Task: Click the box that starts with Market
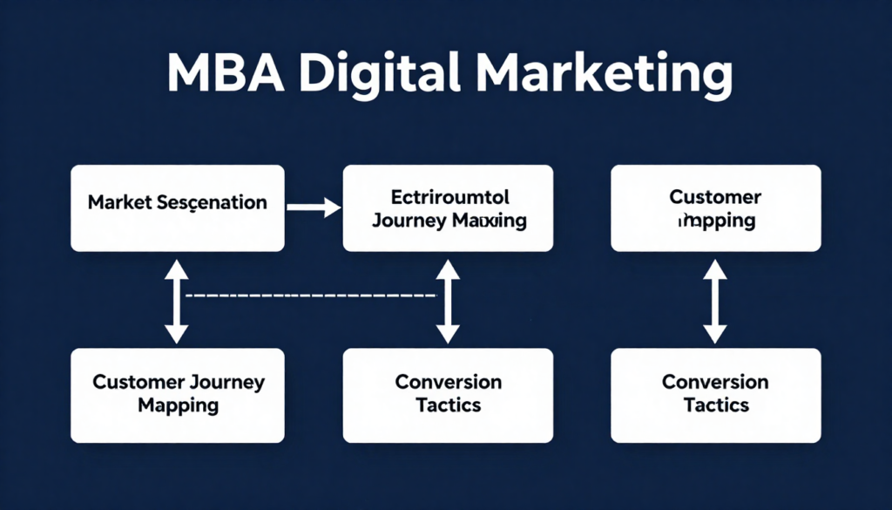click(178, 208)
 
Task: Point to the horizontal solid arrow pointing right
click(313, 207)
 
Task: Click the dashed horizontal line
click(310, 296)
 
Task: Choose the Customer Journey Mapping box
click(178, 394)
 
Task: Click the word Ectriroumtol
click(448, 197)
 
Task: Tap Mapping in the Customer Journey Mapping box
click(178, 405)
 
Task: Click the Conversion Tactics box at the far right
click(715, 394)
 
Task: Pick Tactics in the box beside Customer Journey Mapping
click(448, 405)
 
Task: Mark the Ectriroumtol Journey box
click(448, 208)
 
